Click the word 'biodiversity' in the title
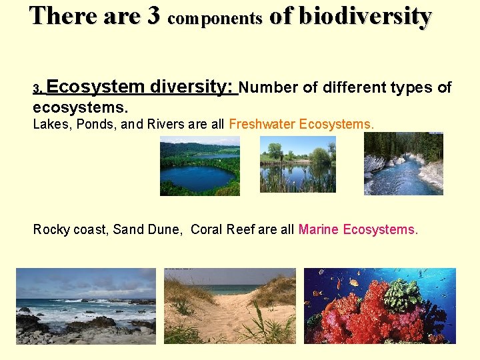point(365,16)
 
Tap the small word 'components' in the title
point(215,19)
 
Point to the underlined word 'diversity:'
point(193,87)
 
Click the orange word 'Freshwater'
point(262,124)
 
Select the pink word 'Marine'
point(319,230)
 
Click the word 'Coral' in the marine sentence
point(207,230)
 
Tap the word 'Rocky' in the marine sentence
point(51,230)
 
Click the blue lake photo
point(199,166)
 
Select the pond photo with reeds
point(297,164)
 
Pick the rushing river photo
point(403,163)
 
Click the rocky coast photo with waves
point(85,306)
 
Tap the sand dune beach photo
point(229,306)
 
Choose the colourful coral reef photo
point(379,306)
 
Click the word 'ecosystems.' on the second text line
point(81,107)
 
